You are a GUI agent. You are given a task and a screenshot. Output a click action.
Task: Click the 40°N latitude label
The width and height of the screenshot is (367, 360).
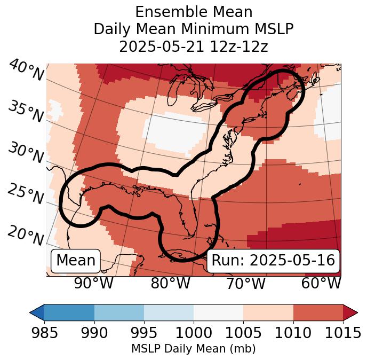click(x=26, y=71)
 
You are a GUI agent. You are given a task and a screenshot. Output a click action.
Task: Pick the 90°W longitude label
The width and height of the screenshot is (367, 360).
click(x=94, y=283)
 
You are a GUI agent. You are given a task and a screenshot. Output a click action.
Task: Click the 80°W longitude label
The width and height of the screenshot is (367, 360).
click(x=170, y=283)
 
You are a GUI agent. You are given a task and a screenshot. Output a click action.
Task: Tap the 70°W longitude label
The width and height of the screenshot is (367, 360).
click(x=246, y=283)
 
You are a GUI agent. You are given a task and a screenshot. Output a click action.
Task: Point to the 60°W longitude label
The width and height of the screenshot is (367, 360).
click(x=321, y=283)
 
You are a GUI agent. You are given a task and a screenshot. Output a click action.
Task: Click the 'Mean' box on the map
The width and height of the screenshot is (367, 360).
click(x=76, y=261)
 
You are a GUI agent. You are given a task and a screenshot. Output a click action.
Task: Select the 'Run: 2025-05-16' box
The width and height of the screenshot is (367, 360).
click(x=273, y=261)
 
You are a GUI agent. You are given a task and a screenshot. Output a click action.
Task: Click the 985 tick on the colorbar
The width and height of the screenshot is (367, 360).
click(x=44, y=333)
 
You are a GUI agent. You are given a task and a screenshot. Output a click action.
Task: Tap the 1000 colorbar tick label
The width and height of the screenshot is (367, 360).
click(x=194, y=333)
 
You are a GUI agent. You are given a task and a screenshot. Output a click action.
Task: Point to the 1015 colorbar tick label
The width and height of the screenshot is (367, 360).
click(x=343, y=333)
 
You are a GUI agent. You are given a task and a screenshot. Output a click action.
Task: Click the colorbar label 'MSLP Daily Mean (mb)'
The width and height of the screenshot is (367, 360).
click(x=193, y=349)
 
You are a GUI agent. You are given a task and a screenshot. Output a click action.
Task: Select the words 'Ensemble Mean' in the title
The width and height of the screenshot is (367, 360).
click(x=193, y=12)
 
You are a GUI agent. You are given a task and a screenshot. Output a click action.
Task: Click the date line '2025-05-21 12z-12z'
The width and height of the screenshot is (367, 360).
click(x=193, y=46)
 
